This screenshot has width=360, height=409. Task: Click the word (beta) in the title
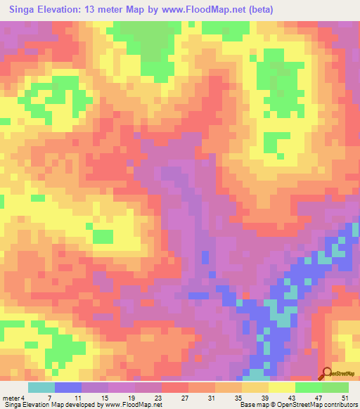click(259, 10)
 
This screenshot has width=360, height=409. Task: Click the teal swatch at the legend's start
click(41, 387)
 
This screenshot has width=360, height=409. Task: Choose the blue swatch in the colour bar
click(68, 387)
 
